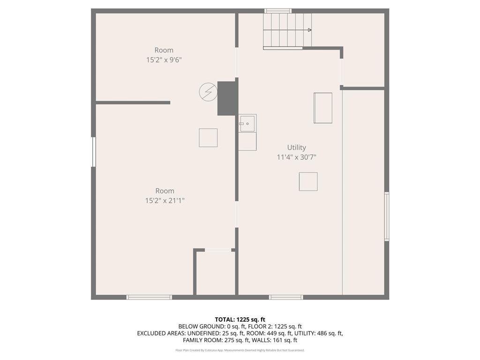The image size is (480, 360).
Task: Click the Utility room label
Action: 296,147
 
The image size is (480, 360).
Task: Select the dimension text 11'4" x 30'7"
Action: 296,157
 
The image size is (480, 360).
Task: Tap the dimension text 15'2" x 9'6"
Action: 164,60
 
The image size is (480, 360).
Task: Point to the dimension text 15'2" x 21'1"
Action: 165,201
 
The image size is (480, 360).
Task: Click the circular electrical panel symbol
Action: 208,92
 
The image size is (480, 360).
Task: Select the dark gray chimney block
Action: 228,98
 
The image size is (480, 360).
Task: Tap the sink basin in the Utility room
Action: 247,124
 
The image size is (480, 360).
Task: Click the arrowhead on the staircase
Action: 309,30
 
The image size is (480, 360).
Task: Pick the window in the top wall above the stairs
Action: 278,11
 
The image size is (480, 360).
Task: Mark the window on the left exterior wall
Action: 94,151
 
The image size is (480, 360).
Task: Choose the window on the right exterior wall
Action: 387,216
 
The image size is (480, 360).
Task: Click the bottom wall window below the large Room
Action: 149,297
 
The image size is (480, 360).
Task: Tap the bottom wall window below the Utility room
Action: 286,297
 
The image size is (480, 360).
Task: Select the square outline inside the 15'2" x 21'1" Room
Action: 208,138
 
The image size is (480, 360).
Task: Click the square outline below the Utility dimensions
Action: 308,181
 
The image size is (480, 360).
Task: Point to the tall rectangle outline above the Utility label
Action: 322,108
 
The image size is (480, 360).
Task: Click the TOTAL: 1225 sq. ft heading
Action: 240,319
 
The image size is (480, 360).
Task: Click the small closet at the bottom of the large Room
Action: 215,274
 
